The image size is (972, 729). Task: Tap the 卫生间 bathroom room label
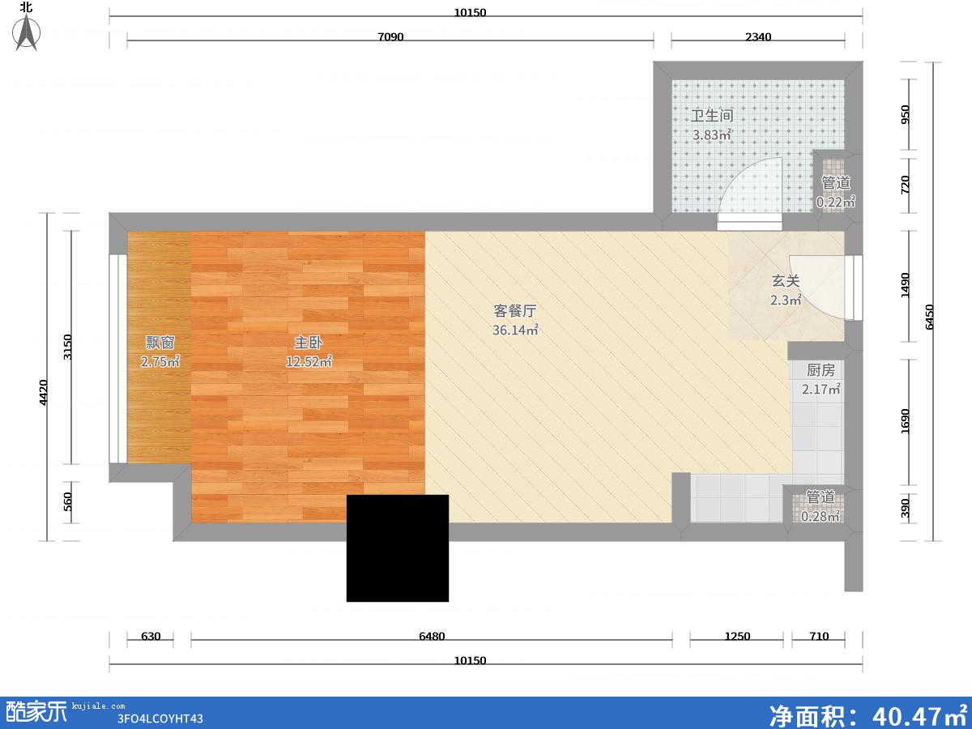coord(712,116)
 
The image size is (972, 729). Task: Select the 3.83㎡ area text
coord(712,134)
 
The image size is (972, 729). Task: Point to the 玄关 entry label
coord(786,280)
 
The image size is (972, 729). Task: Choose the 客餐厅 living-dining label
coord(515,311)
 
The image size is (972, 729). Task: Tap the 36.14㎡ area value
coord(515,330)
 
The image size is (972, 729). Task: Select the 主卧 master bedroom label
coord(309,342)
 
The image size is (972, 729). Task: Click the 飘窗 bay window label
coord(160,342)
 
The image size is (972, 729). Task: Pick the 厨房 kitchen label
coord(821,370)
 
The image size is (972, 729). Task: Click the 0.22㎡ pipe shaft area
coord(836,202)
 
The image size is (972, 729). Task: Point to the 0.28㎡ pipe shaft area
coord(820,516)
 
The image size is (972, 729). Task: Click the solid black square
coord(397,548)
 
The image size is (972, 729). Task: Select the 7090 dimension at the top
coord(390,36)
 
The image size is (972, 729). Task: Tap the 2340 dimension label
coord(758,36)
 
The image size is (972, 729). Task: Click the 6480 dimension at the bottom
coord(432,636)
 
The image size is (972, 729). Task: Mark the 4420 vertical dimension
coord(43,392)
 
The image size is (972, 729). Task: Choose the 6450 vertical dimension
coord(929,317)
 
